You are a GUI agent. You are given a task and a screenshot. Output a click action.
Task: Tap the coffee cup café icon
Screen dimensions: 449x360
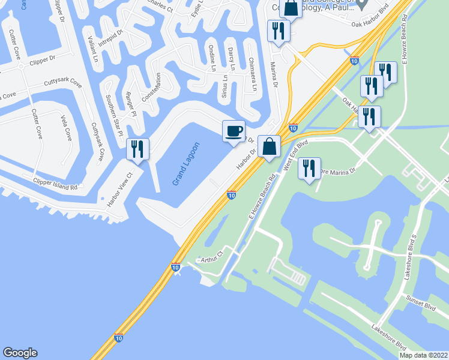tap(234, 130)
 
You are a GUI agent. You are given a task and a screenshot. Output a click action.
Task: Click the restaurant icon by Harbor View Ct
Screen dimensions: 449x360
tap(137, 149)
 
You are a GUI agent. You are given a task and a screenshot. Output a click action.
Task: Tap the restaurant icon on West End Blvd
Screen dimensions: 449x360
tap(309, 167)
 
